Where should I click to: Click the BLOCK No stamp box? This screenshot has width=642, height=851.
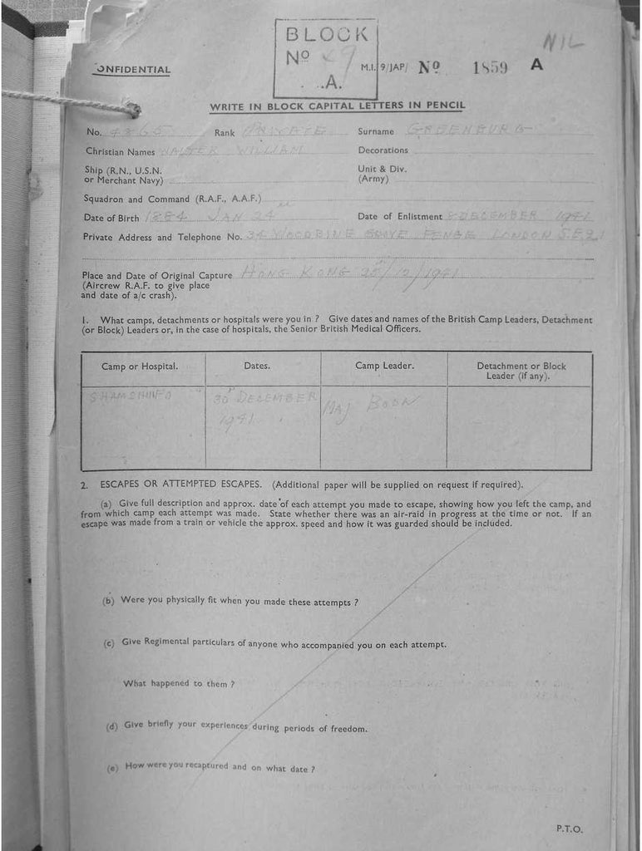pyautogui.click(x=325, y=58)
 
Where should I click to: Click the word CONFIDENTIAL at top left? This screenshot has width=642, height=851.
pyautogui.click(x=133, y=71)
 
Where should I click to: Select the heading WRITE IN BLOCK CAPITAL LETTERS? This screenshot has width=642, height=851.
pyautogui.click(x=337, y=106)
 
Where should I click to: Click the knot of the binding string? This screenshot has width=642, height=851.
pyautogui.click(x=132, y=110)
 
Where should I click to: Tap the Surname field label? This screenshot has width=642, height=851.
pyautogui.click(x=376, y=131)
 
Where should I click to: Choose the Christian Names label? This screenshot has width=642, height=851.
pyautogui.click(x=120, y=151)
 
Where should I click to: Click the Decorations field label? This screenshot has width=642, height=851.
pyautogui.click(x=383, y=150)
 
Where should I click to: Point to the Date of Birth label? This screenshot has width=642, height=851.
pyautogui.click(x=112, y=218)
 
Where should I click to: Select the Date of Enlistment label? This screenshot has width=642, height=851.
pyautogui.click(x=399, y=217)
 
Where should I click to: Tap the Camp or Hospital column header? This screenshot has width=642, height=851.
pyautogui.click(x=140, y=366)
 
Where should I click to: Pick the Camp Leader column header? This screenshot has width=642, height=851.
pyautogui.click(x=384, y=366)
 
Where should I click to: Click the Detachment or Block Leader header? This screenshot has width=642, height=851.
pyautogui.click(x=521, y=371)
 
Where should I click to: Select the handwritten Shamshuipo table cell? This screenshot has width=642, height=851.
pyautogui.click(x=131, y=396)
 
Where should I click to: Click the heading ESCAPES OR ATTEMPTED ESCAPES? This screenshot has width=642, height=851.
pyautogui.click(x=182, y=485)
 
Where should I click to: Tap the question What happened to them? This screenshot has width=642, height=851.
pyautogui.click(x=179, y=683)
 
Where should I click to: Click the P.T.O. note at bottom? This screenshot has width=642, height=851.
pyautogui.click(x=570, y=829)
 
